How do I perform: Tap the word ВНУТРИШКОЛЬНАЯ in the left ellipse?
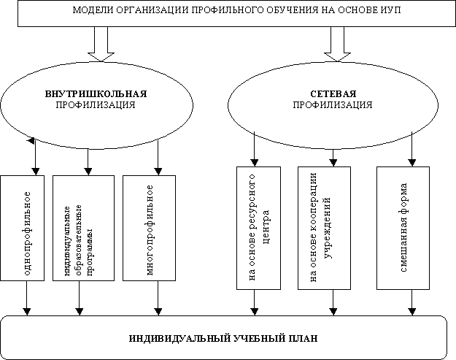pyautogui.click(x=96, y=94)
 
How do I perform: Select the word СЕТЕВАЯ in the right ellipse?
pyautogui.click(x=333, y=94)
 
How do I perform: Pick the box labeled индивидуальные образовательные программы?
pyautogui.click(x=83, y=229)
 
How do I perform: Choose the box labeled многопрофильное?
pyautogui.click(x=149, y=229)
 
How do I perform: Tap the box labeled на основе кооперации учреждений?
pyautogui.click(x=324, y=229)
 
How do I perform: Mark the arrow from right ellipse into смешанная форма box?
pyautogui.click(x=413, y=150)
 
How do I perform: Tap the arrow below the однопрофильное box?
pyautogui.click(x=27, y=298)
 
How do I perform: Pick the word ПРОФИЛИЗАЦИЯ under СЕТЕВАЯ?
pyautogui.click(x=333, y=105)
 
